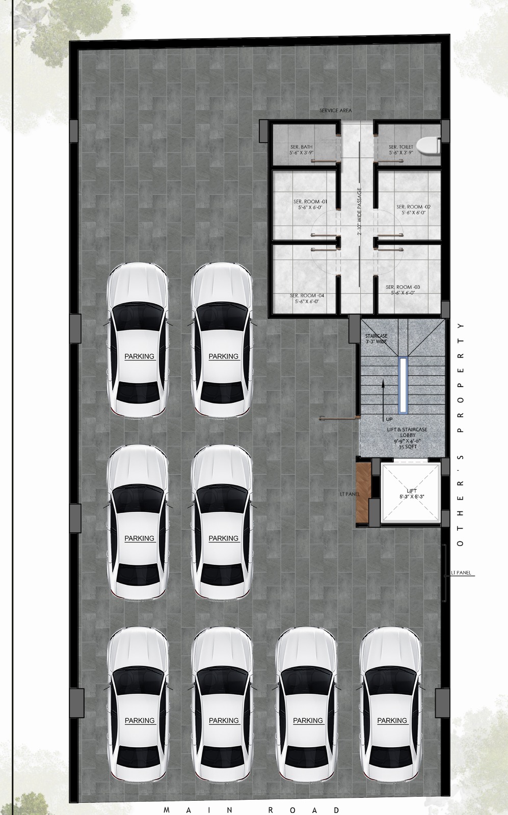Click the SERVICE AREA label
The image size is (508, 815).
pos(335,111)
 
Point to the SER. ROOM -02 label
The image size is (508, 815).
pos(413,209)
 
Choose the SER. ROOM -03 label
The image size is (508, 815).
pos(403,289)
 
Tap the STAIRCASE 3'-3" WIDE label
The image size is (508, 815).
pos(376,339)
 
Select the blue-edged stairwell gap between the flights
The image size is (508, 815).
pos(403,385)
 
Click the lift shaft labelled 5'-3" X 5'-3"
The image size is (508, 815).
pos(409,493)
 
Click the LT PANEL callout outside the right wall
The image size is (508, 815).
pos(462,573)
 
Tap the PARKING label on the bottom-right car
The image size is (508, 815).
pos(392,720)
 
